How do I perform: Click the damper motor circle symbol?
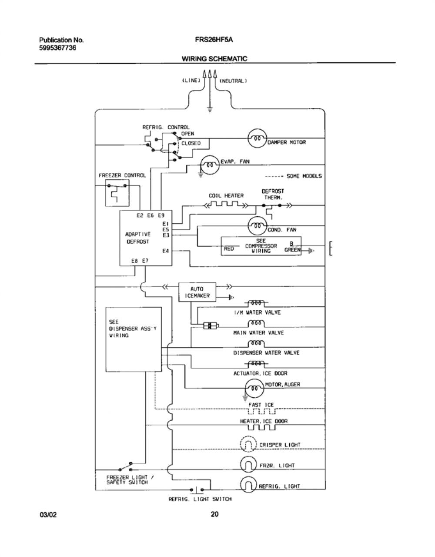click(x=257, y=138)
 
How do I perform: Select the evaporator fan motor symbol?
click(x=210, y=165)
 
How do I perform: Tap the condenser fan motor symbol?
click(x=258, y=225)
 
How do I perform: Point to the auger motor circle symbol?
click(x=254, y=388)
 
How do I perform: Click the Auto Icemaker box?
click(x=197, y=292)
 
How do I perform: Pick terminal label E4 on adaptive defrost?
click(x=166, y=251)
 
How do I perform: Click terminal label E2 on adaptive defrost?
click(x=140, y=215)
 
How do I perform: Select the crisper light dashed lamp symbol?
click(x=248, y=444)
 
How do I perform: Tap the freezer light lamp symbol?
click(x=248, y=464)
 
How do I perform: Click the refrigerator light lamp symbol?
click(x=248, y=484)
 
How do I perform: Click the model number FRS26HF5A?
click(x=214, y=40)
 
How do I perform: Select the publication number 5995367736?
click(x=58, y=48)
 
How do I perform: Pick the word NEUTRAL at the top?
click(x=233, y=81)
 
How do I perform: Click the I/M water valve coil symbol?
click(x=256, y=303)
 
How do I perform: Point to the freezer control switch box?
click(x=117, y=192)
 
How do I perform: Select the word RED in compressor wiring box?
click(x=229, y=248)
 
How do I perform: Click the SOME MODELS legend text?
click(x=304, y=176)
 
